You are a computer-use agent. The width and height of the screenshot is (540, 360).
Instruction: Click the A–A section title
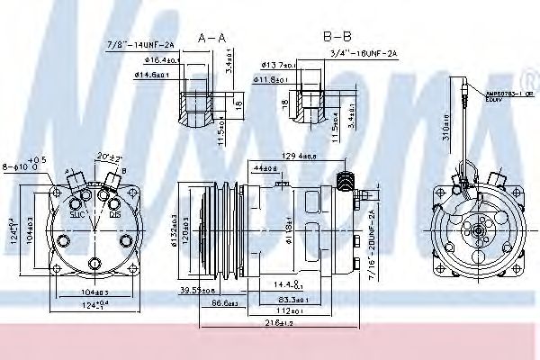(211, 38)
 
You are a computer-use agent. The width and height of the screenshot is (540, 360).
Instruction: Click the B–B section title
(336, 38)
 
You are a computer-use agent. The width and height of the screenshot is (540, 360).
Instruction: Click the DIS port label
(115, 215)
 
